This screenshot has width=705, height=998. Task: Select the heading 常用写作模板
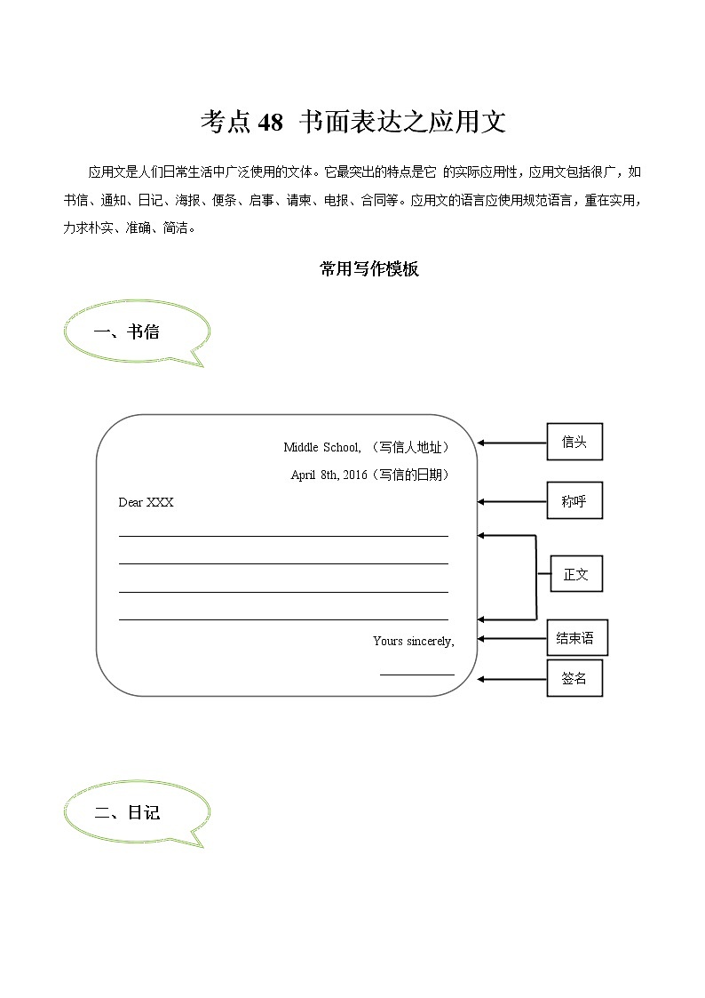coord(368,269)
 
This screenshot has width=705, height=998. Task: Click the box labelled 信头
coord(574,442)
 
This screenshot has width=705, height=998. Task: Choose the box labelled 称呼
coord(574,501)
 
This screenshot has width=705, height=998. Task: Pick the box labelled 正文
coord(575,574)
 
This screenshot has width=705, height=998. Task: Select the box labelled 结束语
coord(575,638)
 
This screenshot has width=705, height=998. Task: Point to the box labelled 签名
coord(574,678)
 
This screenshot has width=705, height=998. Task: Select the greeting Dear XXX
coord(147,502)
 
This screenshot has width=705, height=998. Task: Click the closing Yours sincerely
coord(413,641)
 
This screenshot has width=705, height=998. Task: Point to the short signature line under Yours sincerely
coord(416,675)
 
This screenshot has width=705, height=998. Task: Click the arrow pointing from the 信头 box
coord(511,442)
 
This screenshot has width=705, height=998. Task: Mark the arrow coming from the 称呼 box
coord(511,501)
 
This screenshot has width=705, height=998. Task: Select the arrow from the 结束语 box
coord(511,638)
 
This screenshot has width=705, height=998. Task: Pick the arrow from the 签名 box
coord(511,679)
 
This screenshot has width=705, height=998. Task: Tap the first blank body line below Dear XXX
coord(283,536)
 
